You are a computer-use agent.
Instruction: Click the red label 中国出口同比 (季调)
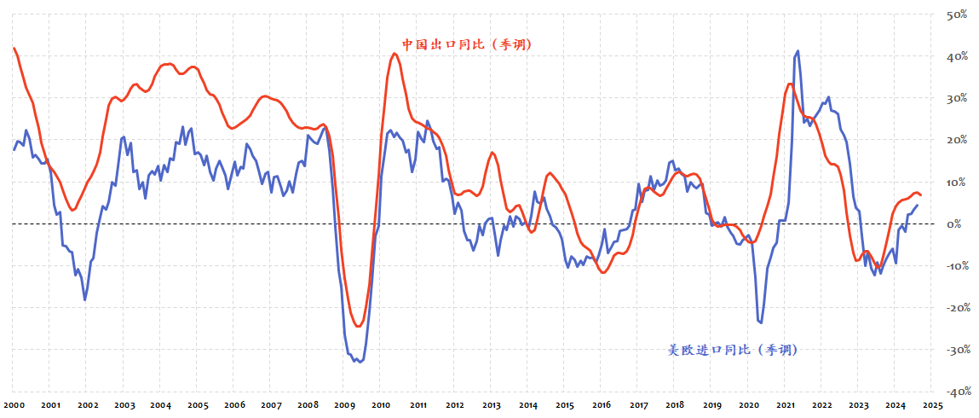click(x=467, y=44)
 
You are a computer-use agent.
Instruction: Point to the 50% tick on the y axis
click(x=953, y=15)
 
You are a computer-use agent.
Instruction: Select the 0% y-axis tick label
click(x=955, y=224)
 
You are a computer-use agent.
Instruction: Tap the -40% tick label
click(x=951, y=392)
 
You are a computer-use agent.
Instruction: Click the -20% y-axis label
click(x=951, y=307)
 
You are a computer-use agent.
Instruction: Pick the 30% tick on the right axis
click(x=953, y=98)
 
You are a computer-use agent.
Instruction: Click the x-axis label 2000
click(x=13, y=406)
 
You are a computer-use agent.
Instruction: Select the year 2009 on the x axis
click(x=344, y=406)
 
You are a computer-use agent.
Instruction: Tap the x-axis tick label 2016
click(x=602, y=406)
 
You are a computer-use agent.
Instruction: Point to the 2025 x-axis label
click(x=931, y=406)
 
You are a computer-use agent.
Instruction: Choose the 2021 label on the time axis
click(x=786, y=406)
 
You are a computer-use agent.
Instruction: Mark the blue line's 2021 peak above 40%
click(x=798, y=51)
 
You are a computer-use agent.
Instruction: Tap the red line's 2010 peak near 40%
click(x=394, y=54)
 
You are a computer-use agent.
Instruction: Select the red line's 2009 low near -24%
click(x=359, y=325)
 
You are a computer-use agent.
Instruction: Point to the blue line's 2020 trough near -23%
click(x=760, y=322)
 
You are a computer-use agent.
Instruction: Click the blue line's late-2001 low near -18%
click(x=84, y=299)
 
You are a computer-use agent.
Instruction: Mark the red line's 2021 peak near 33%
click(x=790, y=84)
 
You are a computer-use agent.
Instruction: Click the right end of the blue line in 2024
click(x=917, y=205)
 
